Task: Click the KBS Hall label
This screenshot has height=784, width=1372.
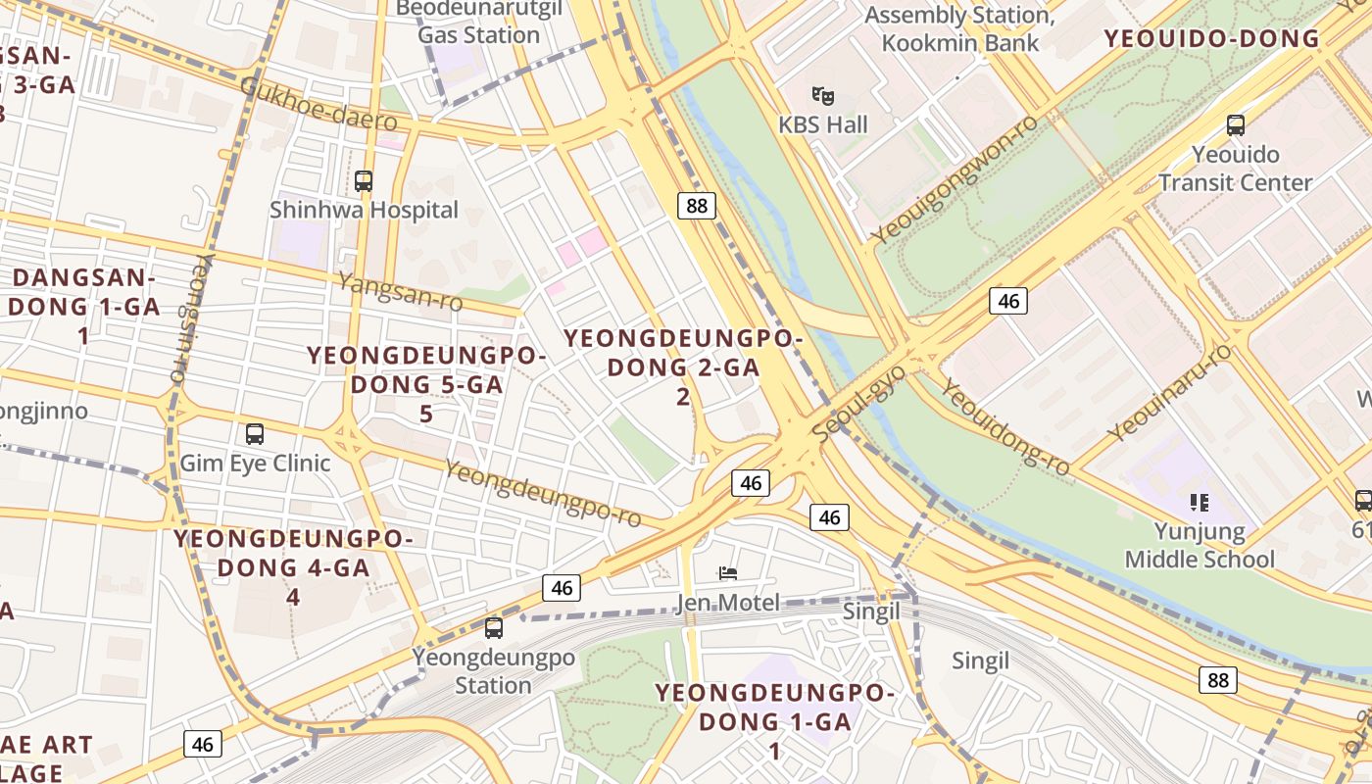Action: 823,124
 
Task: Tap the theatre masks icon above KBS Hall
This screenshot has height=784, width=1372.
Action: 823,96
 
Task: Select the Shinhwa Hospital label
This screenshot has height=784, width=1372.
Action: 364,210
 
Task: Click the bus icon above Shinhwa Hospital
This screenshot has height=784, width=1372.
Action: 364,181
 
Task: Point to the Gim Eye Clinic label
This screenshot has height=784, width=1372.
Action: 255,463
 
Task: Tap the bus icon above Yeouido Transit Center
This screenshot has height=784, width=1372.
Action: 1236,125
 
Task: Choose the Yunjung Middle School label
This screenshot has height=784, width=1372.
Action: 1200,546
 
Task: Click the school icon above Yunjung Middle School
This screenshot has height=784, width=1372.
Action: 1199,503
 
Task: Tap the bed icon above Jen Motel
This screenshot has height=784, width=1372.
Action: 727,573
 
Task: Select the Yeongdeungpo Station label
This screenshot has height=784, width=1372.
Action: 493,670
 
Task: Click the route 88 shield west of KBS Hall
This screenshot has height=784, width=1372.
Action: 696,205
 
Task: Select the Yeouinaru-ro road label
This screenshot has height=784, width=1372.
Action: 1169,393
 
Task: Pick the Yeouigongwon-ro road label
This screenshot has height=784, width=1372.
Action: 955,179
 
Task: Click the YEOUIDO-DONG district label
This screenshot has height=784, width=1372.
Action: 1211,39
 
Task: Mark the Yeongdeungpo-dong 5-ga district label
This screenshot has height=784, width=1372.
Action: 426,383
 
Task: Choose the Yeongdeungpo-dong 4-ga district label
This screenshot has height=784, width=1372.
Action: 294,566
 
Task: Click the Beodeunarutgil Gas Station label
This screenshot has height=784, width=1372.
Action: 478,23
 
